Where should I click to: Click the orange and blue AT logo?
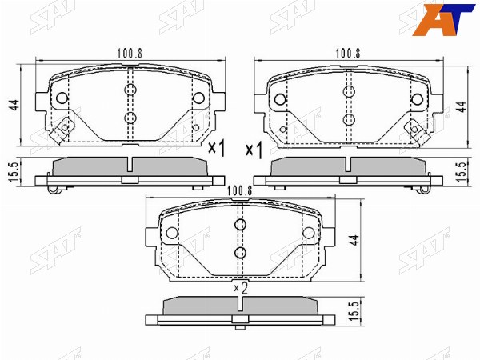(443, 19)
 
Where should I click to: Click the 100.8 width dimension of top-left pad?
(130, 54)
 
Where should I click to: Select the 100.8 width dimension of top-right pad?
(348, 54)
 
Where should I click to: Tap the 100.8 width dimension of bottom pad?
(240, 191)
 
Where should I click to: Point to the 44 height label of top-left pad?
(14, 106)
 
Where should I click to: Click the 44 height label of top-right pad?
(462, 107)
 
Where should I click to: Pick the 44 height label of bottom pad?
(354, 240)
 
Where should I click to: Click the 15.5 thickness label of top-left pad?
(14, 172)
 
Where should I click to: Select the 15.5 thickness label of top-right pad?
(462, 172)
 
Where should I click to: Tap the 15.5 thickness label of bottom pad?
(354, 311)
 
